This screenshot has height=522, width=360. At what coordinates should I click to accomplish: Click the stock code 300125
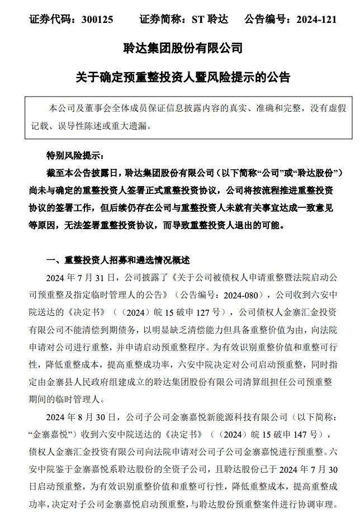[97, 20]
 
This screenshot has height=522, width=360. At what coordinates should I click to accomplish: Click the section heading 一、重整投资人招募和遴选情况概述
[118, 260]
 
